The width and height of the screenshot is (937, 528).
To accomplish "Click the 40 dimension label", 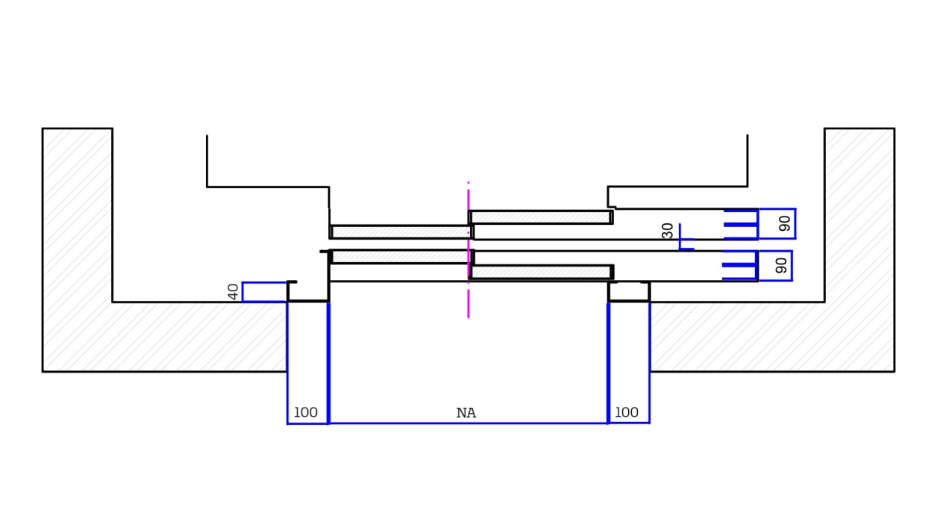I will click(x=234, y=291).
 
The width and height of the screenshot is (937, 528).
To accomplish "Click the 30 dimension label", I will click(x=668, y=231).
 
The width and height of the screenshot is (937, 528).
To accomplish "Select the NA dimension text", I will click(x=466, y=413).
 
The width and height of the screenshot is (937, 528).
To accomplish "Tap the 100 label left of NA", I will click(x=305, y=412).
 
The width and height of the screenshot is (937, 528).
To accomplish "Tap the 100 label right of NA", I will click(x=626, y=412).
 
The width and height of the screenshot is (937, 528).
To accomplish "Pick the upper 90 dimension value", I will click(x=785, y=223).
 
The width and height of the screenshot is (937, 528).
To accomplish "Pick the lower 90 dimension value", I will click(x=782, y=265).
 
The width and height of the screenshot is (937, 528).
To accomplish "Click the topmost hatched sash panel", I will click(x=540, y=217).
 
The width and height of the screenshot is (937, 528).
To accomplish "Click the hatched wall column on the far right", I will click(x=859, y=224).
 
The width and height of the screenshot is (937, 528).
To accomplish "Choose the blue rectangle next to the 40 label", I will click(x=264, y=292).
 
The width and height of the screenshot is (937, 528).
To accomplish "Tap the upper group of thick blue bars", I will click(x=740, y=224).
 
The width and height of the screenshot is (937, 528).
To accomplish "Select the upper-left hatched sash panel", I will click(x=401, y=232).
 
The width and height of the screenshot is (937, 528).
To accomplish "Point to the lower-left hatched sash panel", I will click(x=401, y=256).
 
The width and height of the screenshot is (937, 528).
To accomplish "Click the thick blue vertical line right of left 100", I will click(x=328, y=362).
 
